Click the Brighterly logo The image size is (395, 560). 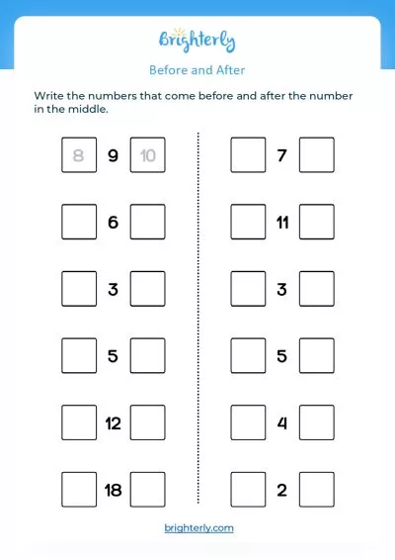(x=197, y=41)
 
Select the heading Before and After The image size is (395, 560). (x=197, y=70)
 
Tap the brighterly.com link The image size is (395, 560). (x=198, y=528)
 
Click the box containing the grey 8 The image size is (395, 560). (x=79, y=155)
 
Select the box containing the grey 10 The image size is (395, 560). (x=147, y=155)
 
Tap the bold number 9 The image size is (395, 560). (x=113, y=155)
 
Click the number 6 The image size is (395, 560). (x=113, y=223)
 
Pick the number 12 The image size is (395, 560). (x=113, y=423)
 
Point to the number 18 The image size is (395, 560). (x=113, y=491)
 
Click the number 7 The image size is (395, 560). (x=282, y=155)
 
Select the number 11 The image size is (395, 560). (x=282, y=223)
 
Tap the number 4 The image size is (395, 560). (x=282, y=423)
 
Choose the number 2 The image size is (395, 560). (x=282, y=491)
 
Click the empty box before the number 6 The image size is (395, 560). (x=79, y=222)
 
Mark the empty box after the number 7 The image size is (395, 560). (x=317, y=155)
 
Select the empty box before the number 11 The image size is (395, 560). (x=248, y=222)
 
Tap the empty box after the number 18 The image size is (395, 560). (x=147, y=490)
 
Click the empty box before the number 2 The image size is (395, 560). (x=248, y=490)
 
